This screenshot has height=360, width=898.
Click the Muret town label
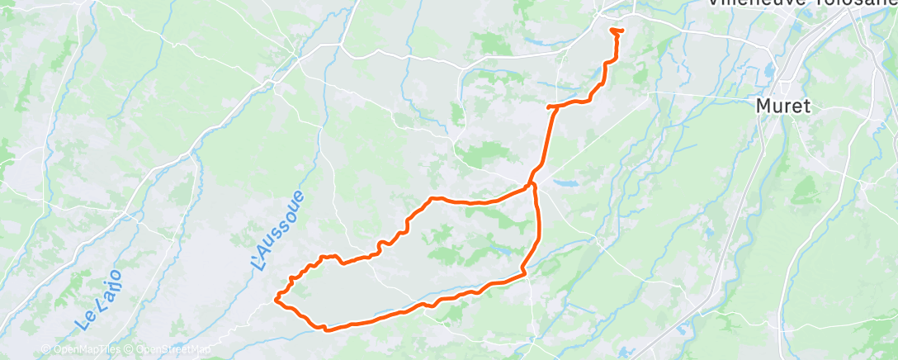point(784,106)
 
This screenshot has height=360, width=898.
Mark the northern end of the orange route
point(617,31)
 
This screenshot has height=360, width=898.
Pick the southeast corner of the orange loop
point(523,274)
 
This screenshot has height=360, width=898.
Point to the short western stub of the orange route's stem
point(550,107)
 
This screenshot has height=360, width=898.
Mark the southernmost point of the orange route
point(327,330)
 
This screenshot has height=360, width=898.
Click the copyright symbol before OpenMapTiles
point(49,349)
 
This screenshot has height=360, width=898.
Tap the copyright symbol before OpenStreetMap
point(130,349)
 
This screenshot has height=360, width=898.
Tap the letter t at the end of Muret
point(808,106)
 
